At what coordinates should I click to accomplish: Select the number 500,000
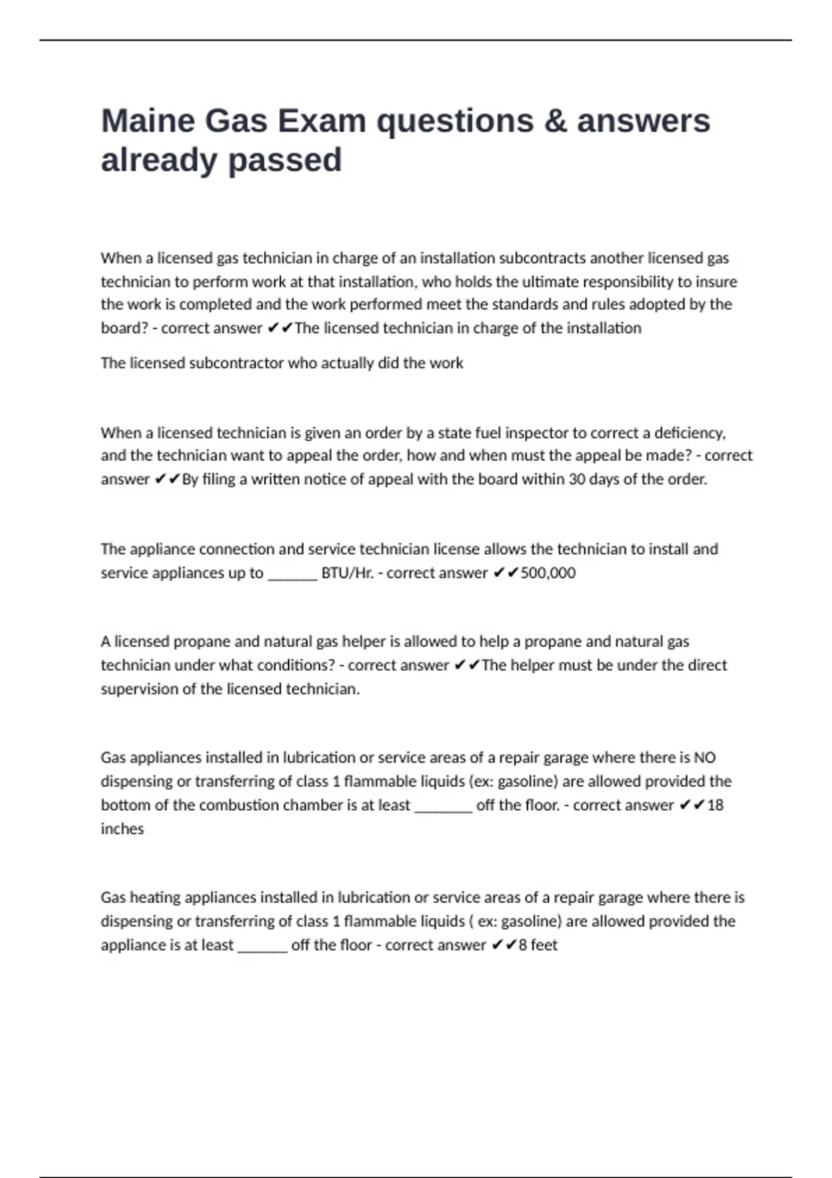click(548, 573)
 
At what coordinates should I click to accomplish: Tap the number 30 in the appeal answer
click(577, 480)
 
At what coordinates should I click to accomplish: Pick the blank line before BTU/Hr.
click(293, 575)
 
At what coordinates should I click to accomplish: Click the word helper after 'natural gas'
click(363, 642)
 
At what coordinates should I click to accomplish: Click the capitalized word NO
click(704, 758)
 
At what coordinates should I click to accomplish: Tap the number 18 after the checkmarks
click(715, 805)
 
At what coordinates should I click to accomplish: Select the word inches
click(122, 829)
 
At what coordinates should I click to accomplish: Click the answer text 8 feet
click(538, 945)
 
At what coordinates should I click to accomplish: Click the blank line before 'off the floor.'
click(443, 807)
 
